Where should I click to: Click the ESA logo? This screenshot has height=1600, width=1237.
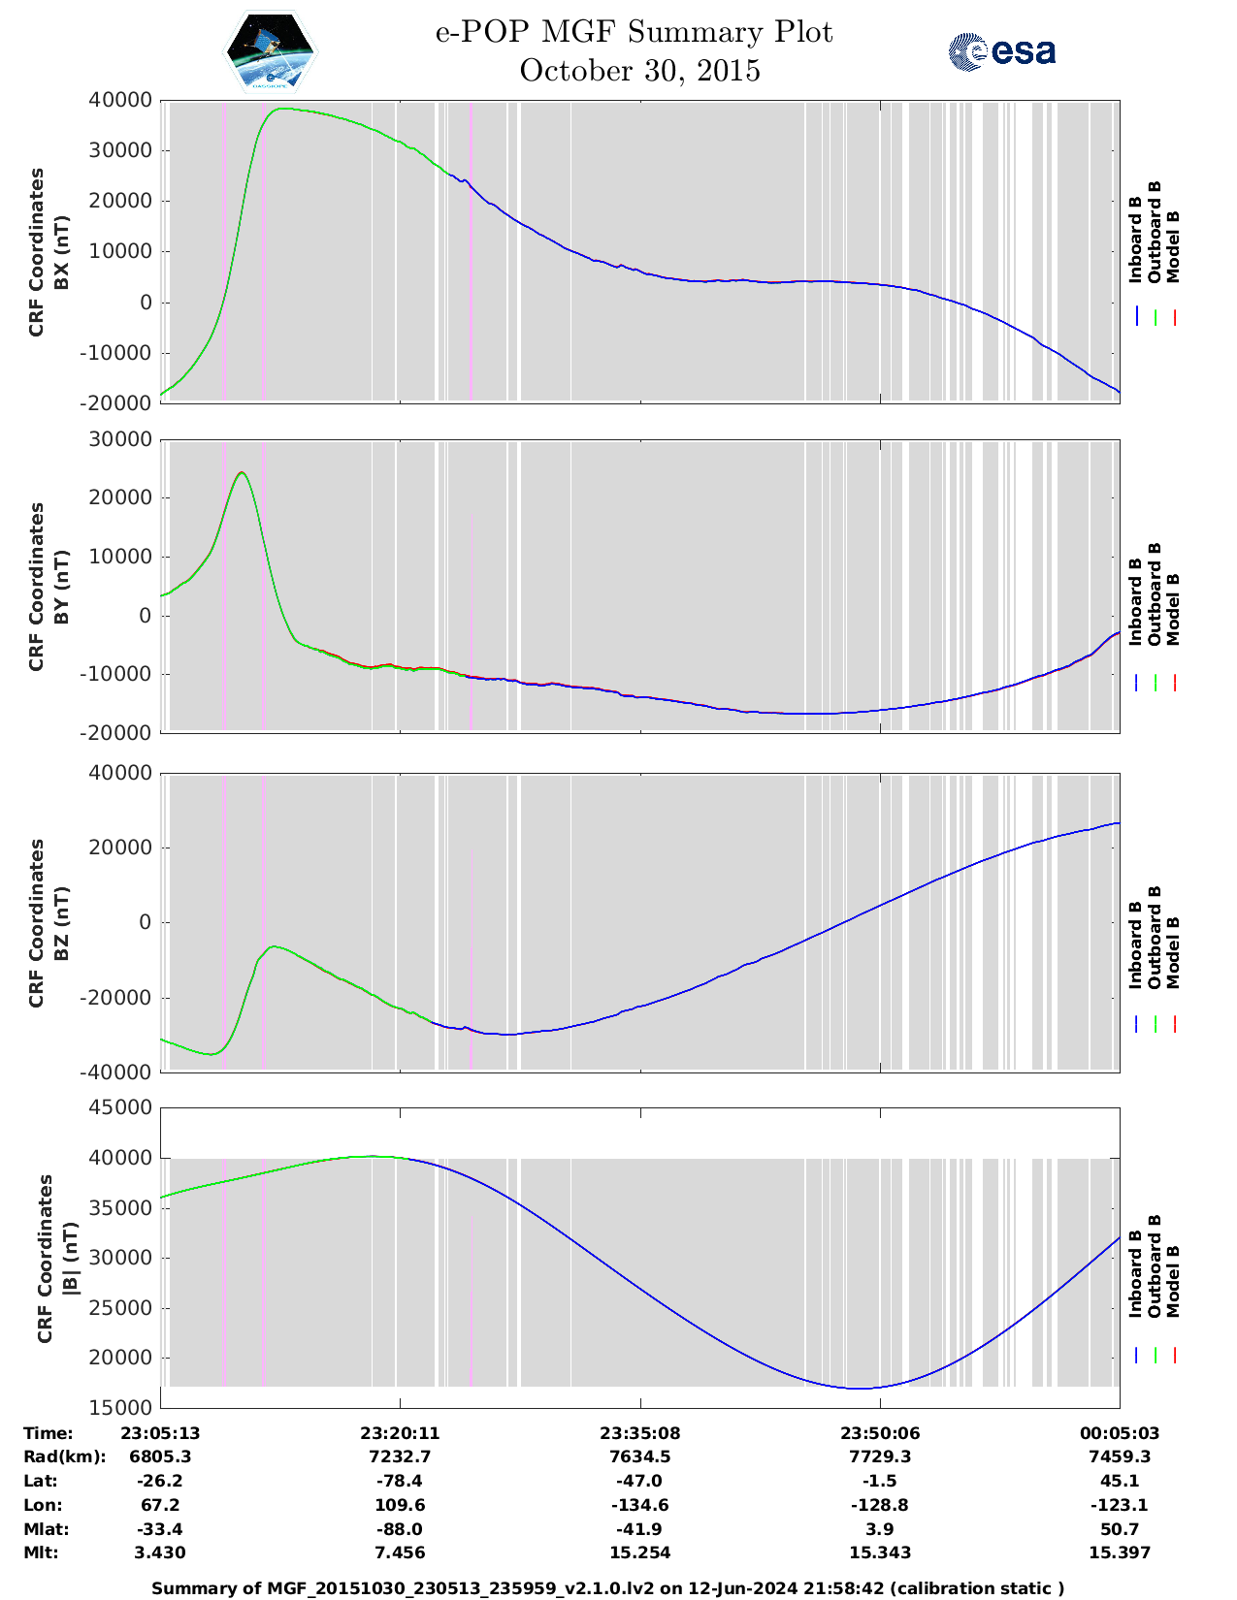[1002, 51]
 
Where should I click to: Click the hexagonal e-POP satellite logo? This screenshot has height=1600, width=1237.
[271, 51]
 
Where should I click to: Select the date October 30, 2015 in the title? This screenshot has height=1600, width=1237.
[639, 71]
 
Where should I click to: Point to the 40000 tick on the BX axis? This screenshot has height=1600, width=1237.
[119, 100]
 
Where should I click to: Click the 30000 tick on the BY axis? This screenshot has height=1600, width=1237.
[119, 439]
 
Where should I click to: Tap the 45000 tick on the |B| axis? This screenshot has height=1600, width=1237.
[119, 1107]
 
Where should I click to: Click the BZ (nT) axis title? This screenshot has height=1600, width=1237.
[61, 922]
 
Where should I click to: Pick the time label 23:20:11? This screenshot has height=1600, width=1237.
[400, 1433]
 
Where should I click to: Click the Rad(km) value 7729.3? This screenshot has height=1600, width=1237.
[880, 1456]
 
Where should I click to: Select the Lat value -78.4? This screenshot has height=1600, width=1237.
[400, 1481]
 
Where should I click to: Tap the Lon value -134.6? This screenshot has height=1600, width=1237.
[639, 1505]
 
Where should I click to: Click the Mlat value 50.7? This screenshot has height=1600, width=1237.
[1120, 1529]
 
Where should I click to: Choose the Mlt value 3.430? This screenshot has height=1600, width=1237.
[160, 1552]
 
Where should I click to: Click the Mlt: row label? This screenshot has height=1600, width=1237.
[41, 1552]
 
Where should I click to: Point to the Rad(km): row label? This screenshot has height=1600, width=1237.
[64, 1456]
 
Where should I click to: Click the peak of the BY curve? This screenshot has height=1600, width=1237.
[242, 473]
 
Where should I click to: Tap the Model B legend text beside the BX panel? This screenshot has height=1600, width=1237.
[1173, 246]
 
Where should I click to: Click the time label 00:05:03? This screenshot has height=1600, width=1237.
[1120, 1433]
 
